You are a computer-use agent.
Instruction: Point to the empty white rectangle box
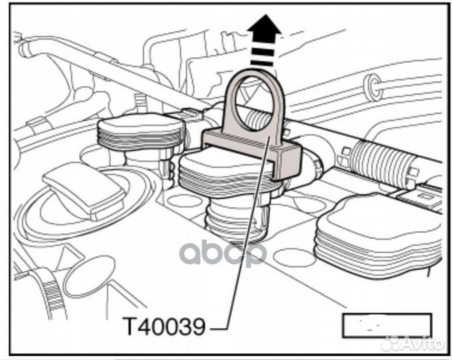[386, 325]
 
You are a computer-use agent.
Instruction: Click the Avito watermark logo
[417, 343]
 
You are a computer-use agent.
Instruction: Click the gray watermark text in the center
[223, 253]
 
